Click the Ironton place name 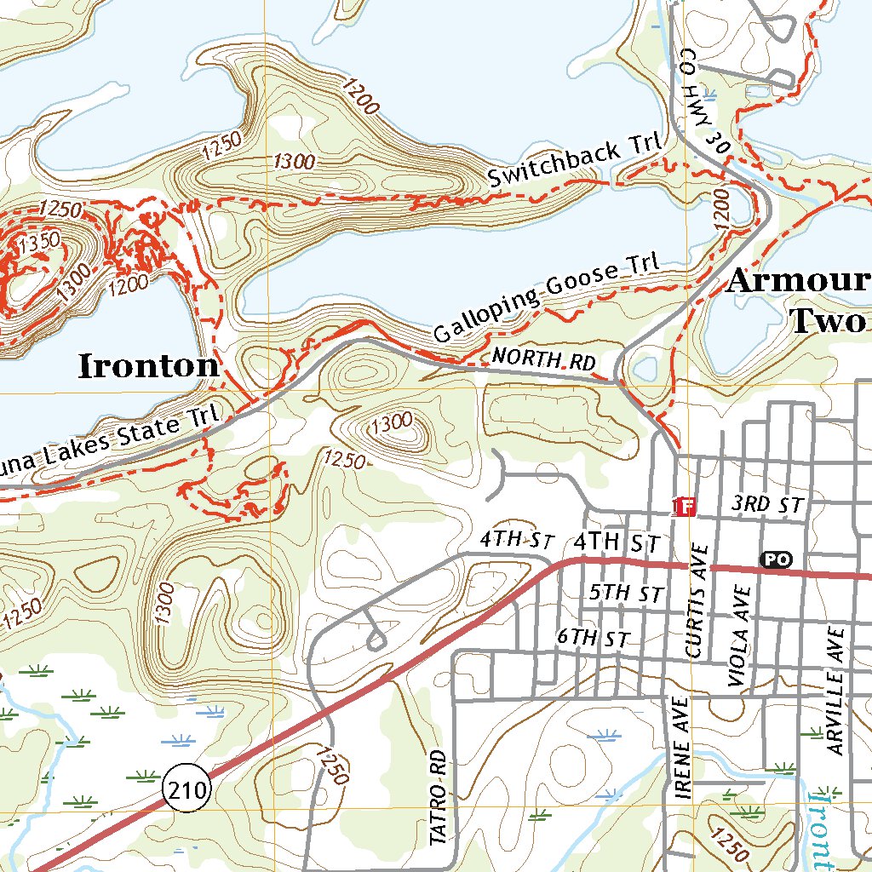point(149,367)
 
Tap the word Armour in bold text point(797,283)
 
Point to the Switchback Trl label point(576,163)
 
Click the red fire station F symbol point(686,508)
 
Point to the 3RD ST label point(767,504)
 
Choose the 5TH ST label point(626,594)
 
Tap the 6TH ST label point(593,639)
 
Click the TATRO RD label point(439,797)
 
